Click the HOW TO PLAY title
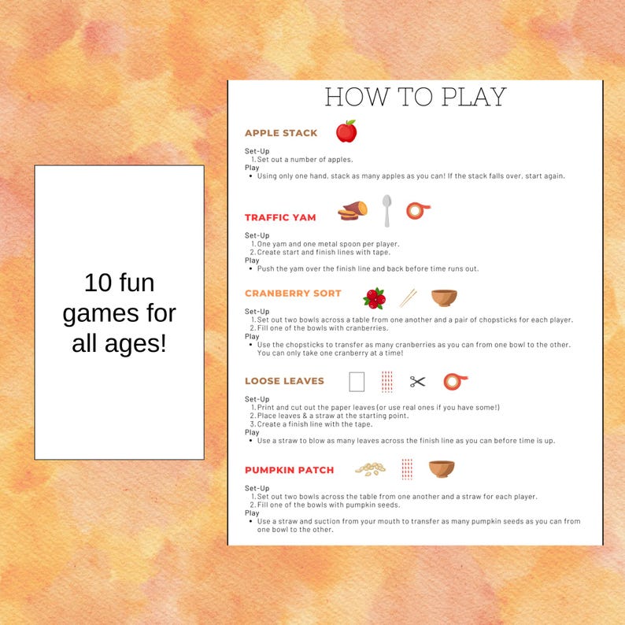tap(415, 97)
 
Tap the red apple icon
tap(346, 131)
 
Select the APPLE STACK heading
tap(281, 133)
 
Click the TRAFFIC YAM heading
tap(280, 217)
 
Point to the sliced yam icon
tap(353, 211)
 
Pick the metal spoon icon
tap(386, 210)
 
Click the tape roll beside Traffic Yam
tap(418, 210)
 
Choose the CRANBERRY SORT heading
tap(293, 293)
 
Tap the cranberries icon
tap(374, 298)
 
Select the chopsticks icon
tap(408, 298)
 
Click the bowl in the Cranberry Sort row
tap(444, 298)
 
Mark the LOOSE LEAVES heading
tap(284, 381)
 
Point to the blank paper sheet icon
tap(357, 382)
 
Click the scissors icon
tap(417, 382)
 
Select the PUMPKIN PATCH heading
tap(289, 470)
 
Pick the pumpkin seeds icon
tap(369, 468)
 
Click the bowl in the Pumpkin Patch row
tap(442, 469)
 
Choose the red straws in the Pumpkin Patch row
tap(406, 469)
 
